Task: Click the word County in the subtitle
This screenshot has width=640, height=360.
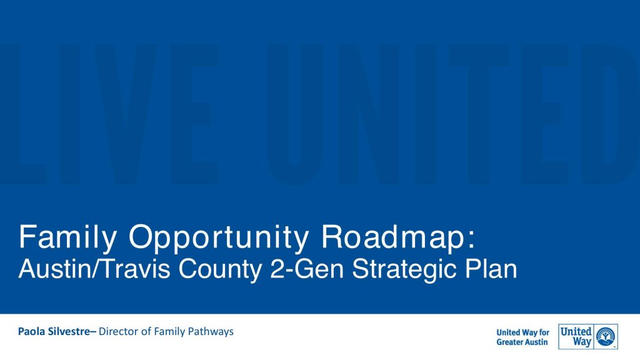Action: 220,269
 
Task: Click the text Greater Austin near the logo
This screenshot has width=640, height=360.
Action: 522,342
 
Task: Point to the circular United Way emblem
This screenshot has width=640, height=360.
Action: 605,337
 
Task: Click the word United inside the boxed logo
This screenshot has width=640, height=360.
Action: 576,331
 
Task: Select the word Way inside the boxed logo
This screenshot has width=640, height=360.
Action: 582,342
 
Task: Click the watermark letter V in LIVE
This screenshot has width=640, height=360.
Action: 125,114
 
